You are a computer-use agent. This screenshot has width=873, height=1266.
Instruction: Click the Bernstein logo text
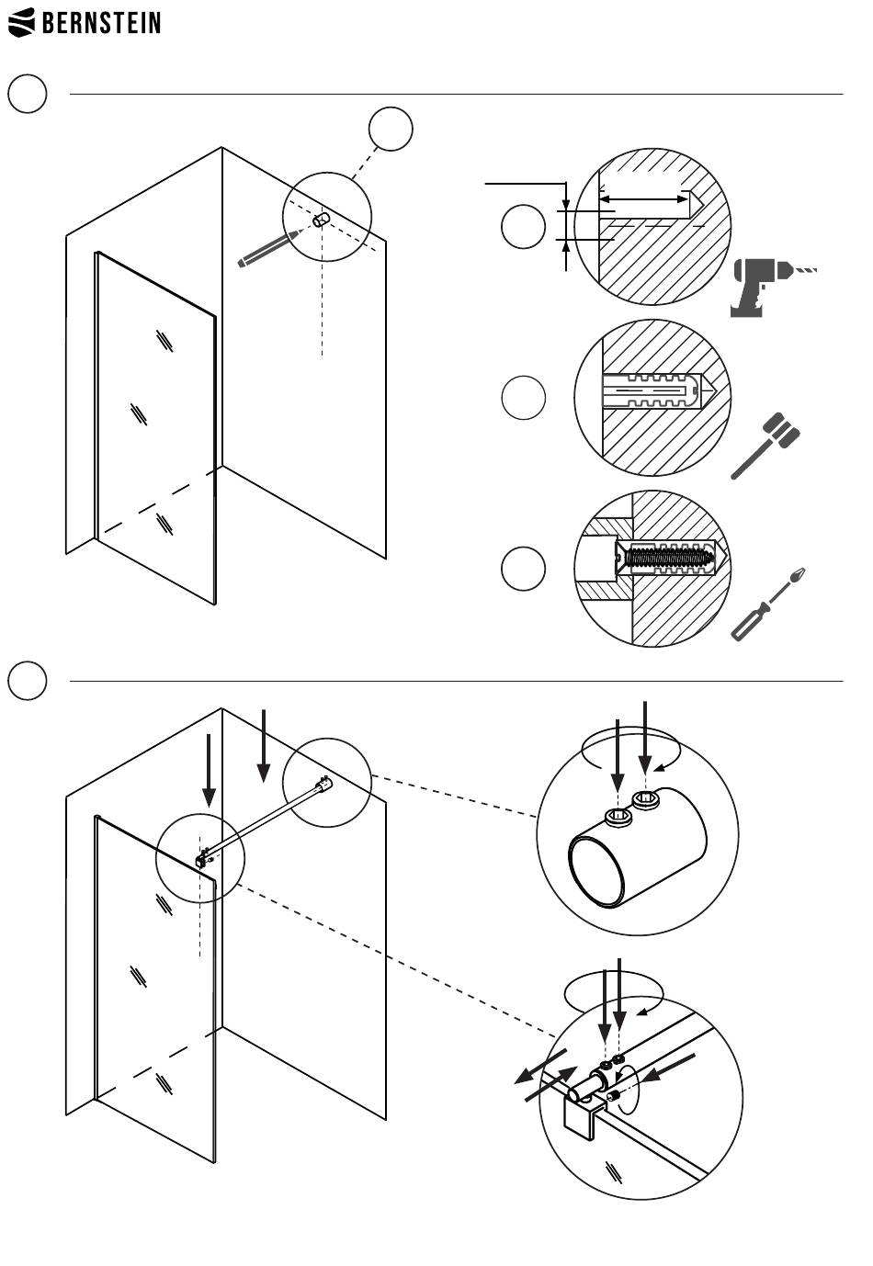101,22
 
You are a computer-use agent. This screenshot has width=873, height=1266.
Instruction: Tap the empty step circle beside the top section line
28,94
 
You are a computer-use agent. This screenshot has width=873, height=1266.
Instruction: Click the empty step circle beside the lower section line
28,681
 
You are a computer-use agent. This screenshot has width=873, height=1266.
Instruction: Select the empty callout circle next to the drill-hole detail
523,227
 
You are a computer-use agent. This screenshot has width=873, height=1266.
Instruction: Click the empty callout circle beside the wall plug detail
523,398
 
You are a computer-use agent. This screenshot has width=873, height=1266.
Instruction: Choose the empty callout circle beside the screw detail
523,569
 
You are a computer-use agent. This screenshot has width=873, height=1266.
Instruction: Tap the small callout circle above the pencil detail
391,129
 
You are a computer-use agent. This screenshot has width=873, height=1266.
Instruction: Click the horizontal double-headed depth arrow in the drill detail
643,198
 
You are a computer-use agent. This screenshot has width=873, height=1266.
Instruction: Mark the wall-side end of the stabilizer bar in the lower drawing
322,785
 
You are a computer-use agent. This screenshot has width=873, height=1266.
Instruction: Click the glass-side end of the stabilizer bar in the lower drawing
204,858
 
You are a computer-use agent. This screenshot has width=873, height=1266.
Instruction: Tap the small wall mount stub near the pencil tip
322,220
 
